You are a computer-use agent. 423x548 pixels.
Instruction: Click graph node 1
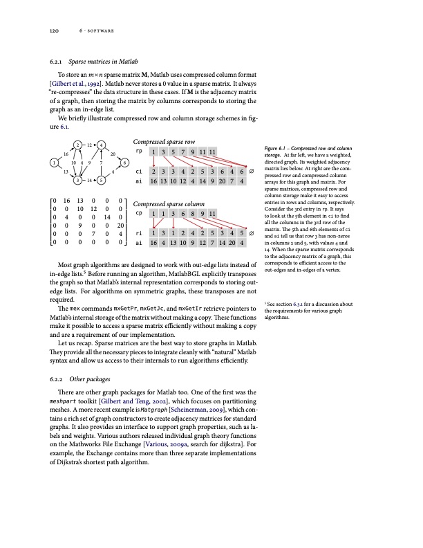click(x=53, y=163)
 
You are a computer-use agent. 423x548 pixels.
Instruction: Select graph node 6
click(x=125, y=162)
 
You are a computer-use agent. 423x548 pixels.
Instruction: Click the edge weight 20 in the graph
click(x=113, y=154)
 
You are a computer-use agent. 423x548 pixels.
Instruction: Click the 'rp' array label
click(x=139, y=150)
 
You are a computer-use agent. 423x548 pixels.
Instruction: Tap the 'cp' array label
click(x=139, y=213)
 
